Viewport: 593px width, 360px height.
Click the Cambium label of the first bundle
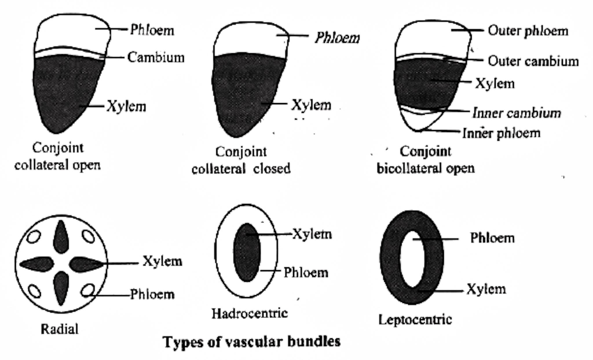click(156, 57)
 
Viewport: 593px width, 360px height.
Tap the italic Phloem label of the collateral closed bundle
click(337, 38)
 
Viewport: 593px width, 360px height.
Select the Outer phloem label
click(528, 31)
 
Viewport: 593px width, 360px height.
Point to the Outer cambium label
click(533, 61)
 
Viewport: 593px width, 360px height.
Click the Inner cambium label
click(517, 113)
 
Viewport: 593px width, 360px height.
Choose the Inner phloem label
click(501, 133)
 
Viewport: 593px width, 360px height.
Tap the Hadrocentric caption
click(250, 313)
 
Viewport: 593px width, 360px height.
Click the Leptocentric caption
click(415, 320)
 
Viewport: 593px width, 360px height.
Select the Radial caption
click(59, 329)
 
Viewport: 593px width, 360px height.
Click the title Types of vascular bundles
click(252, 342)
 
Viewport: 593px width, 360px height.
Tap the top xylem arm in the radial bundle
click(61, 236)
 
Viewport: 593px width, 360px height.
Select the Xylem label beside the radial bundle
click(162, 262)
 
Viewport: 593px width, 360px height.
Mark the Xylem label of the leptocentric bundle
click(486, 289)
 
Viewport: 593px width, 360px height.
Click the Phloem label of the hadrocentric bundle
click(306, 273)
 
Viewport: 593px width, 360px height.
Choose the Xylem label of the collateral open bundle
click(126, 107)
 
